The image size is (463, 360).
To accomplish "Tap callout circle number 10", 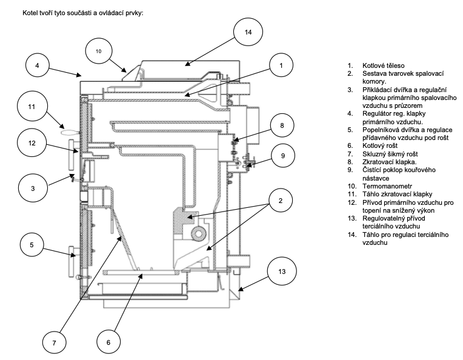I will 99,52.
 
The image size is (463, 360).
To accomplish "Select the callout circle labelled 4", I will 37,65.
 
